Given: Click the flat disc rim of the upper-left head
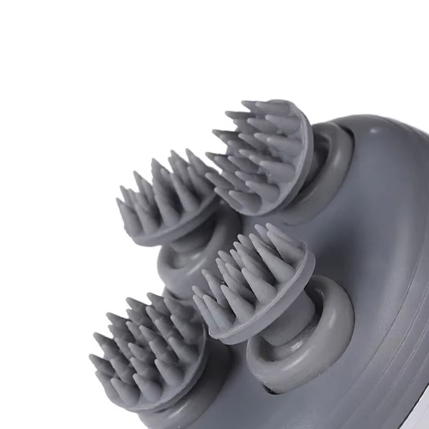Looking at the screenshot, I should [x=177, y=236].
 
